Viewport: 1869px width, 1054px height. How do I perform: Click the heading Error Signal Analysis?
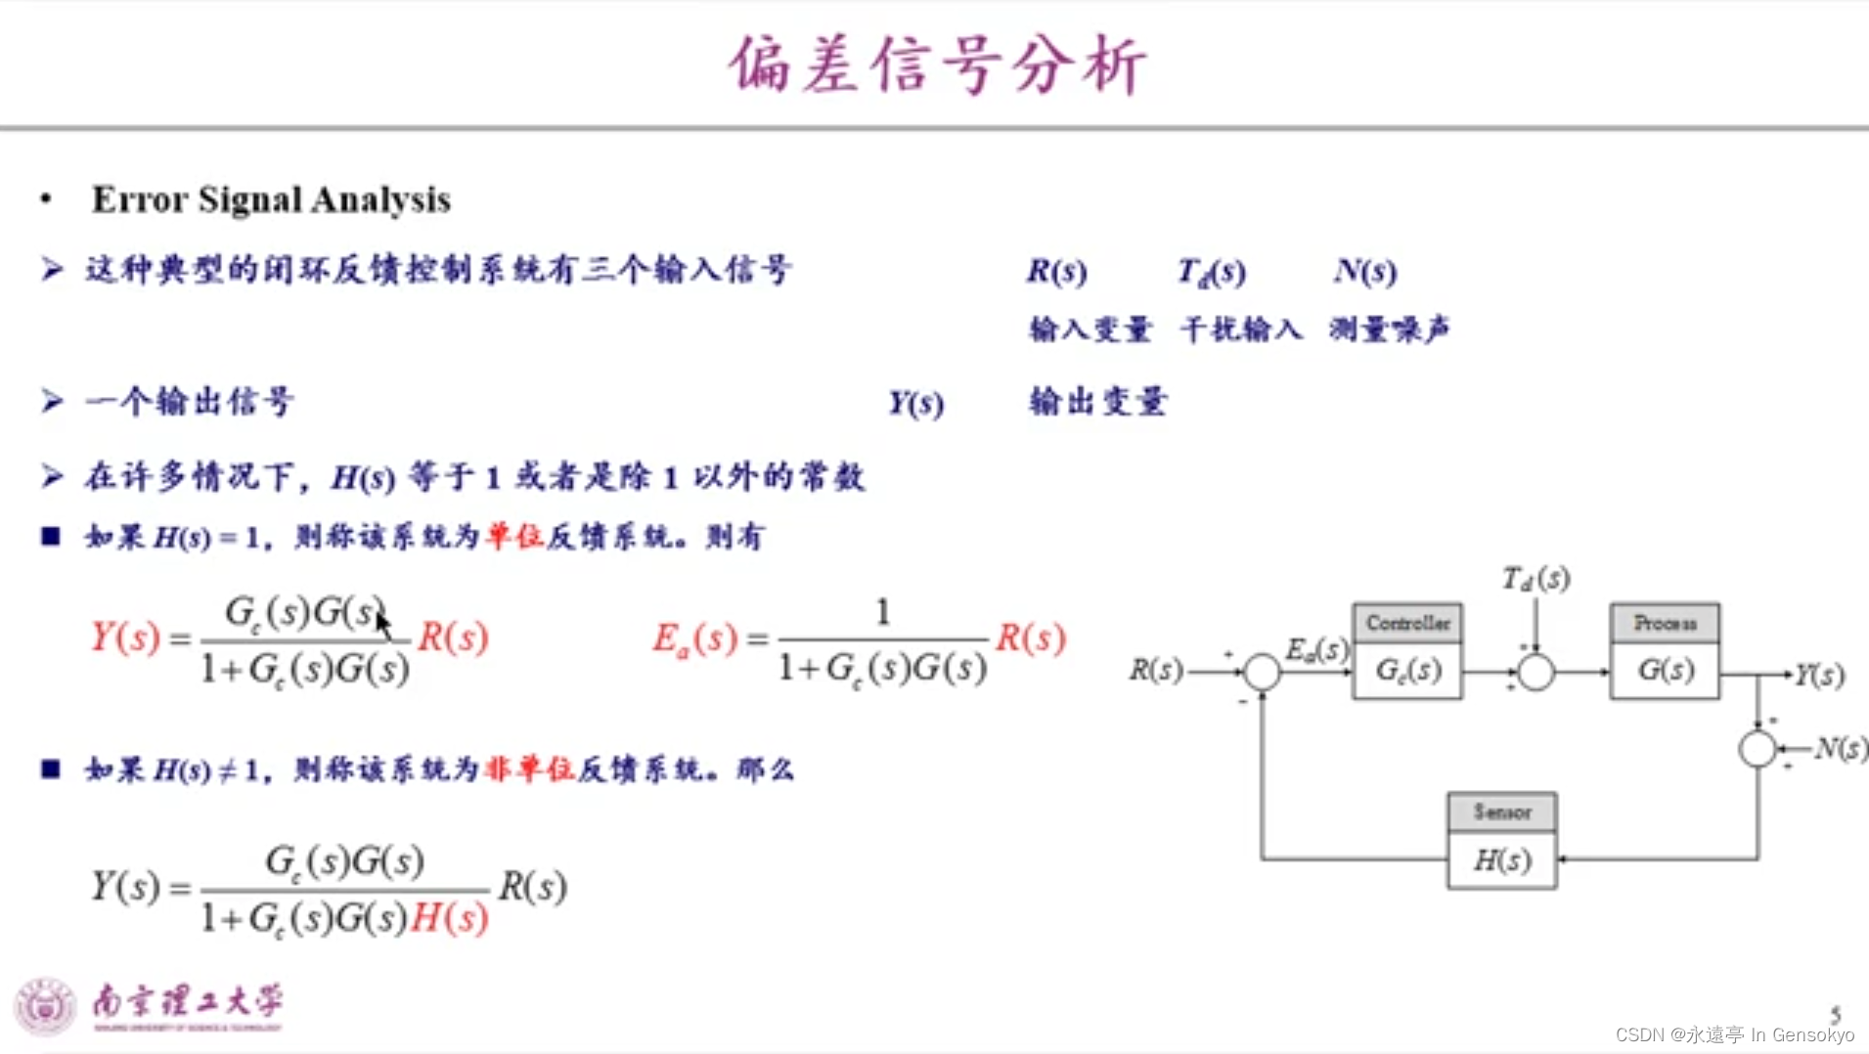coord(271,199)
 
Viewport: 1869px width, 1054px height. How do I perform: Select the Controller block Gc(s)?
coord(1407,651)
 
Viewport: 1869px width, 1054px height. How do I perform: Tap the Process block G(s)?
coord(1665,651)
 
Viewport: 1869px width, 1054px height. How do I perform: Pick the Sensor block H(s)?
coord(1502,841)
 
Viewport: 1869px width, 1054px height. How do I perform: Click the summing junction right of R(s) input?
coord(1262,672)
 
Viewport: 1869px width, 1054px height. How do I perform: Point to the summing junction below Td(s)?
coord(1535,672)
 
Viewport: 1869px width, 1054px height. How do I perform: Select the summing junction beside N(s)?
coord(1758,749)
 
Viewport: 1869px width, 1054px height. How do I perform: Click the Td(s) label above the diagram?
coord(1535,579)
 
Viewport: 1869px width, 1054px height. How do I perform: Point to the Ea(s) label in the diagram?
coord(1316,649)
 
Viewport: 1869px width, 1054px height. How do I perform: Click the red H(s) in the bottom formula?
coord(449,917)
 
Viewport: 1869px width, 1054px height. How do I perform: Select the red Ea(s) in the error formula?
coord(695,638)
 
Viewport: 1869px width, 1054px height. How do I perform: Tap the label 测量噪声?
coord(1388,329)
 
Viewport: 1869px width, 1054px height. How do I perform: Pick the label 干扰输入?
coord(1241,329)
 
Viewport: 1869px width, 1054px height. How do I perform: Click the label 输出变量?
coord(1097,402)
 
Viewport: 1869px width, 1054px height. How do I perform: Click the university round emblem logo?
coord(45,1005)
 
